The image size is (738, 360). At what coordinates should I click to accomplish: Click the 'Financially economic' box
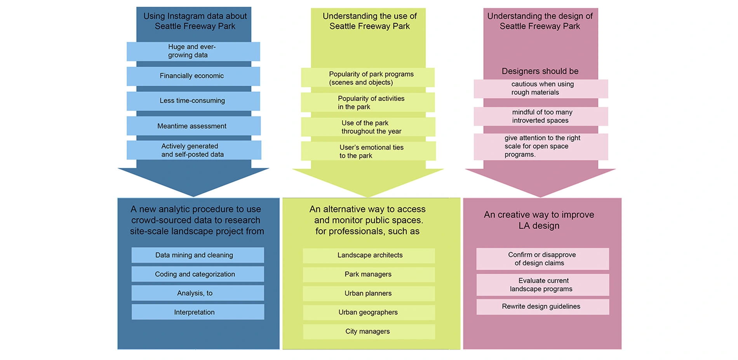pos(193,76)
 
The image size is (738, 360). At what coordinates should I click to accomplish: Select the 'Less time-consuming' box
pos(193,101)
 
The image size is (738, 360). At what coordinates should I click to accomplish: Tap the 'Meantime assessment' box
pos(193,126)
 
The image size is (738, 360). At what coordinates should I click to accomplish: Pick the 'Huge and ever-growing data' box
pos(193,51)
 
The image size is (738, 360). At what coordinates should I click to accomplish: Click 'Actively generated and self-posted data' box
pos(193,150)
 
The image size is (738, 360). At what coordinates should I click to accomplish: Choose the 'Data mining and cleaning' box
pos(197,255)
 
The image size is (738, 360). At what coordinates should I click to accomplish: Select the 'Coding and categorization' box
pos(197,274)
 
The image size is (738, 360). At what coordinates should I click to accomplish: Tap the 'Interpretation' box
pos(197,312)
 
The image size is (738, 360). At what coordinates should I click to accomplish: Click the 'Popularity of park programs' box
pos(367,78)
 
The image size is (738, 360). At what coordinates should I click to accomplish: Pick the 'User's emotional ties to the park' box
pos(367,151)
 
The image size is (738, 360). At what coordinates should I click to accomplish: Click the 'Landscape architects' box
pos(369,256)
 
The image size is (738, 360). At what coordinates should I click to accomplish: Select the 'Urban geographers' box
pos(369,313)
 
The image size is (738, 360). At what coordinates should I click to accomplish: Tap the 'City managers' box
pos(369,332)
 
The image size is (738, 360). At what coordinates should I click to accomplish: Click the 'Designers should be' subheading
pos(540,71)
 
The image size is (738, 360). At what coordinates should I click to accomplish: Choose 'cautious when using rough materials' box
pos(541,89)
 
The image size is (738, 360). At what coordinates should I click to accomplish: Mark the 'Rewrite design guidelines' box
pos(542,307)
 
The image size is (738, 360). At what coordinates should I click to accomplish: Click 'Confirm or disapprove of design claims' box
pos(542,259)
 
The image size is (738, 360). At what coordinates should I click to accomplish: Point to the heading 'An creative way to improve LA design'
pos(539,220)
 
